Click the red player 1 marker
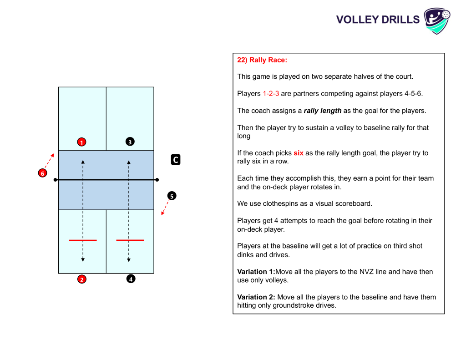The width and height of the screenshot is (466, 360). point(82,142)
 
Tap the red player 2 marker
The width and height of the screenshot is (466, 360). point(82,279)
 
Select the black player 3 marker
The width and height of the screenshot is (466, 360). point(130,142)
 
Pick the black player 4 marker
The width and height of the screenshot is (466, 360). point(131,279)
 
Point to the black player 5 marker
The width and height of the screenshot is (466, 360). point(172,196)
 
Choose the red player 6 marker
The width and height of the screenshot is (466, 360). point(42,173)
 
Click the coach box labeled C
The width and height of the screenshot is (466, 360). point(176,160)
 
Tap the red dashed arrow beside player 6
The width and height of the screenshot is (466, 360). point(50,161)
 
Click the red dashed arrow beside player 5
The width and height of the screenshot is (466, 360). point(165,207)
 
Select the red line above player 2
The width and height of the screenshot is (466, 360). point(83,240)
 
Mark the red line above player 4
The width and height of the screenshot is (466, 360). point(130,240)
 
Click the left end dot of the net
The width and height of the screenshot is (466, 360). point(55,180)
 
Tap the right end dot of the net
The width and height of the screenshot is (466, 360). point(157,180)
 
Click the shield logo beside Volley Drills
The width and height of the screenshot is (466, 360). point(437,21)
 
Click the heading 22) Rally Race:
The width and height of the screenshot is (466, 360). point(262,60)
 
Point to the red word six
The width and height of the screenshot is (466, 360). point(299,153)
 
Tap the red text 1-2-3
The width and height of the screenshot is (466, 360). point(271,94)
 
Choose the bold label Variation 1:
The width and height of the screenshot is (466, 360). point(256,272)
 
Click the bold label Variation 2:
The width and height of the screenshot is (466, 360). point(256,297)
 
